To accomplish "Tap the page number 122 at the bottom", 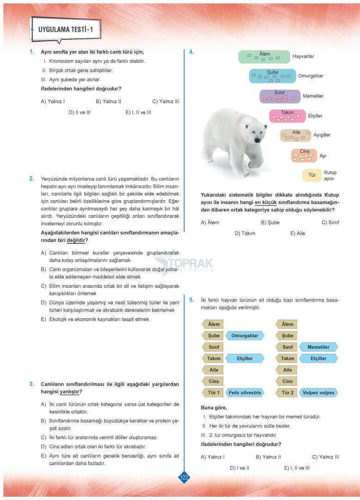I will tap(184, 477).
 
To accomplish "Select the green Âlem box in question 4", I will tap(264, 56).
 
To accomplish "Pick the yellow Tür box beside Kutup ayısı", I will tap(312, 175).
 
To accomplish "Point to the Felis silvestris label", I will tap(245, 393).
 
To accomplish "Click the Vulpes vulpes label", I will tap(318, 393).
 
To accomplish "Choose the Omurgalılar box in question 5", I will tap(245, 335).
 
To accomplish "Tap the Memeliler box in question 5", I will tap(318, 347).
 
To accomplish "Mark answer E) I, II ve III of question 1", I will tap(138, 112).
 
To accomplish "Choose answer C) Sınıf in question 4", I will tap(330, 222).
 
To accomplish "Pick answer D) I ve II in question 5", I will tap(239, 468).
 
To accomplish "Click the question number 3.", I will tap(31, 383).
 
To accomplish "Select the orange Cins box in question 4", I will tap(304, 155).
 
